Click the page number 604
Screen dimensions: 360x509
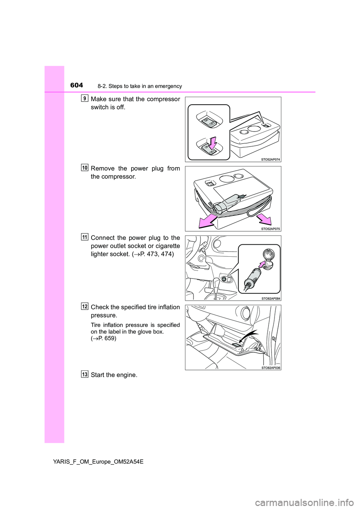pyautogui.click(x=78, y=85)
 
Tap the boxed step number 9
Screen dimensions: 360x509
pyautogui.click(x=84, y=98)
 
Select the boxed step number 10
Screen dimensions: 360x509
pyautogui.click(x=84, y=168)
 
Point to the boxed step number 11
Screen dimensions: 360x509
pyautogui.click(x=84, y=237)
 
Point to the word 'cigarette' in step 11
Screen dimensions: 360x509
pyautogui.click(x=168, y=246)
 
